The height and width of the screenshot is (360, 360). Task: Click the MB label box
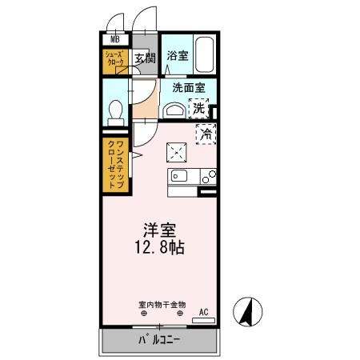114,38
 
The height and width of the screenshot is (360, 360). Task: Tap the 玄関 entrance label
144,58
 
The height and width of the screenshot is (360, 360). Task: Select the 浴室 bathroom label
177,57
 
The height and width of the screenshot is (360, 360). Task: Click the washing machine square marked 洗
197,107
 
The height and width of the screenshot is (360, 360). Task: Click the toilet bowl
113,110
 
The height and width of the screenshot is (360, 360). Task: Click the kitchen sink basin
178,176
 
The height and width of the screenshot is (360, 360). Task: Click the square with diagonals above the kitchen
176,150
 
